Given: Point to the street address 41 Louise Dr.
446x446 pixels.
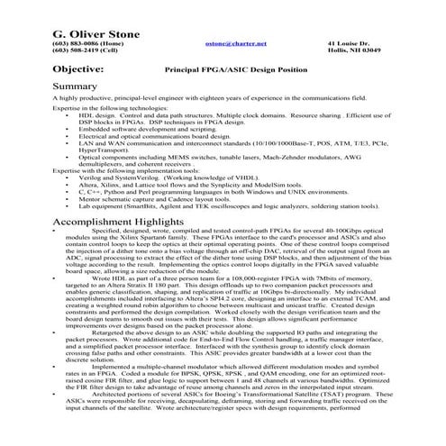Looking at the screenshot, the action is click(x=348, y=41).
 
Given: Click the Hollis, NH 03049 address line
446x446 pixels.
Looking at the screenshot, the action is click(x=360, y=50).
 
